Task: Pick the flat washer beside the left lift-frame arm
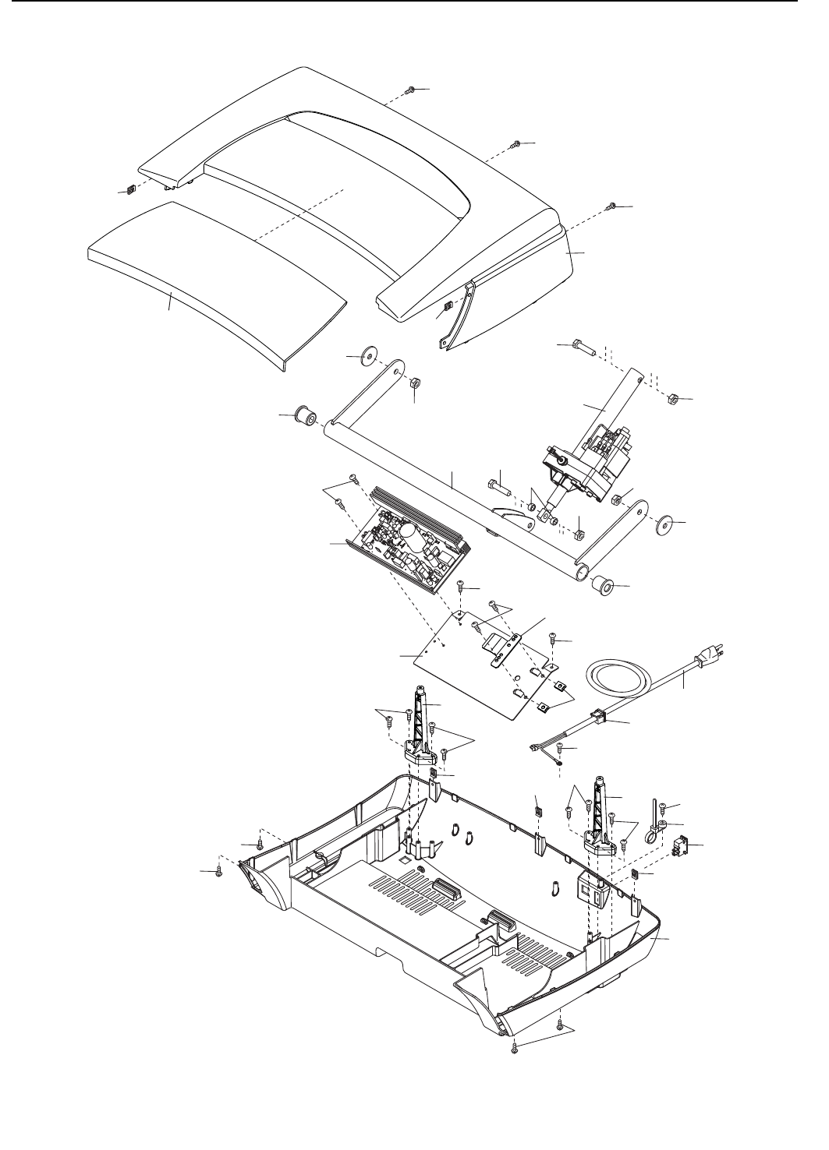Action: [x=363, y=358]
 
